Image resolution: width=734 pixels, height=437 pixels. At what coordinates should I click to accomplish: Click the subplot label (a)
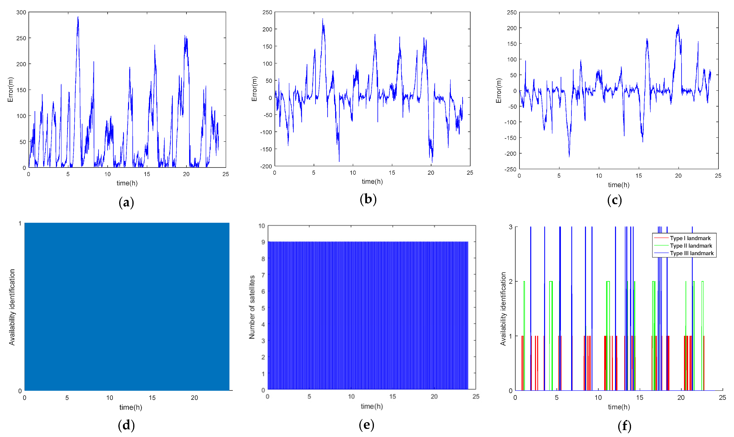pyautogui.click(x=126, y=203)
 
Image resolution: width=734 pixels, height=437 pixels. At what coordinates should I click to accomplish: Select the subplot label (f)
pyautogui.click(x=624, y=426)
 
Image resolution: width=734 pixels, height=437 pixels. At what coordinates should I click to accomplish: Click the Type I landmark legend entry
pyautogui.click(x=690, y=238)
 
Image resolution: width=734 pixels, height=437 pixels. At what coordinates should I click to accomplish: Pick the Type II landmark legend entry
pyautogui.click(x=691, y=246)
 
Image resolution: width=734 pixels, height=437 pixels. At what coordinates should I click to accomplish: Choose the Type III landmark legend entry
pyautogui.click(x=691, y=253)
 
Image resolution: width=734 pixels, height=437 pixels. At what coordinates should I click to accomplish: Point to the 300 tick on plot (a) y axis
pyautogui.click(x=21, y=12)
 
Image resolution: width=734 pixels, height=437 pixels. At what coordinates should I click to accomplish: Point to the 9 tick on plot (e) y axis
pyautogui.click(x=263, y=242)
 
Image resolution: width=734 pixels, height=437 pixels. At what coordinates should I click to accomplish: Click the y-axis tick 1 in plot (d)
pyautogui.click(x=20, y=224)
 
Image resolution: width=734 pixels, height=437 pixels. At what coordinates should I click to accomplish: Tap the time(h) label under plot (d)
pyautogui.click(x=130, y=407)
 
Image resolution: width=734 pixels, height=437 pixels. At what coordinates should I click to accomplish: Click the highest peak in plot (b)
pyautogui.click(x=322, y=19)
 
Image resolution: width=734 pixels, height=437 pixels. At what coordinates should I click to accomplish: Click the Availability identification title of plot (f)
pyautogui.click(x=503, y=308)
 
